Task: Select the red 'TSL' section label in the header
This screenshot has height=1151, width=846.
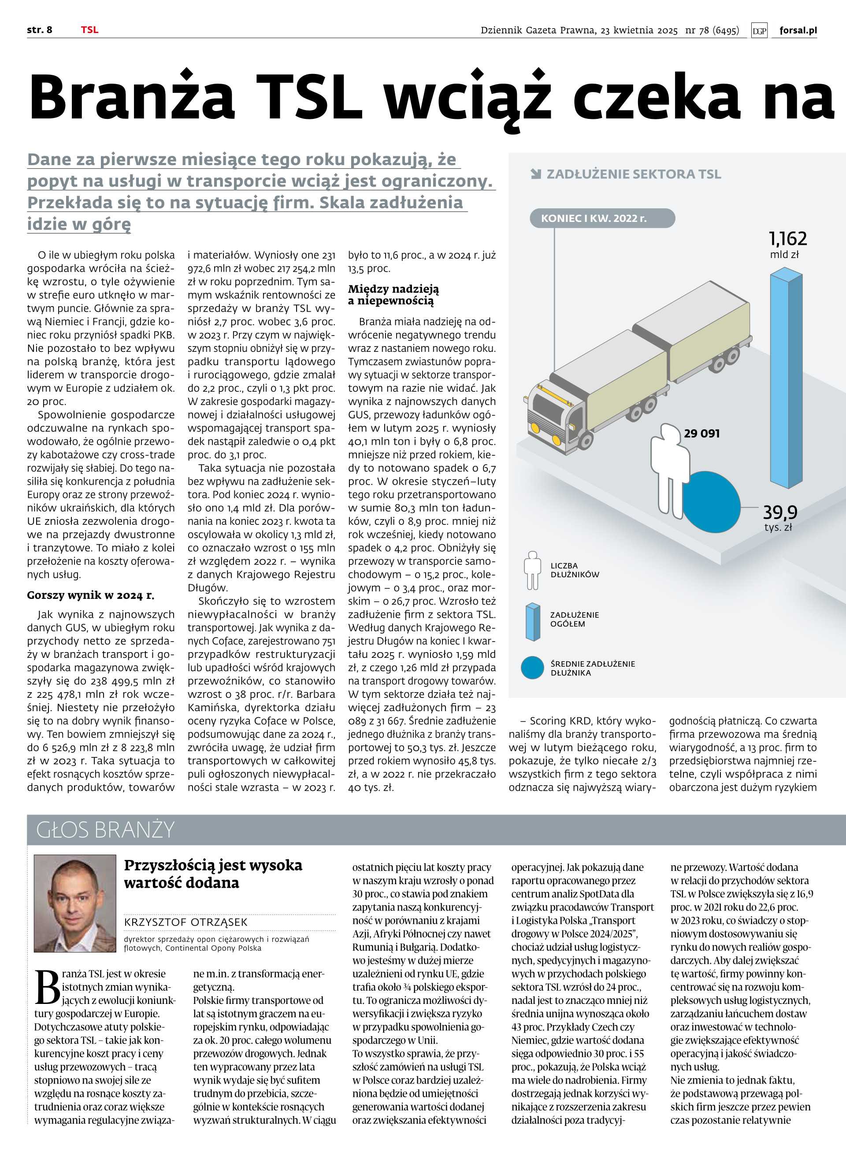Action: point(89,30)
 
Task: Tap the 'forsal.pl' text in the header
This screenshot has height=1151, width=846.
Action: point(798,30)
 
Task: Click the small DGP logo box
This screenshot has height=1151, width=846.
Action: point(760,31)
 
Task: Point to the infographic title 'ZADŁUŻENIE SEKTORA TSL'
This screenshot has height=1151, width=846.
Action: point(634,174)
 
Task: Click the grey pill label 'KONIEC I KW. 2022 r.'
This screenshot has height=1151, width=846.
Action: point(594,218)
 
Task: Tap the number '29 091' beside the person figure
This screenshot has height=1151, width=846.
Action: point(701,433)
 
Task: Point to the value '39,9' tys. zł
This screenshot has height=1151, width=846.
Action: point(780,512)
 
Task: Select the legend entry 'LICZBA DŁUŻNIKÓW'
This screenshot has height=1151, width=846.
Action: point(575,570)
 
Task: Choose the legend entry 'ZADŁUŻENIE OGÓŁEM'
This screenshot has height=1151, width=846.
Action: point(575,619)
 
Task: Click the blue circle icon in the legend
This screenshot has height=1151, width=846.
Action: point(532,668)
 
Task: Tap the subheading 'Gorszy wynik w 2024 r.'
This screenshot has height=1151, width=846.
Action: point(91,595)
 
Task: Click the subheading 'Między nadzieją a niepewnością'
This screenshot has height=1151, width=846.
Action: point(393,295)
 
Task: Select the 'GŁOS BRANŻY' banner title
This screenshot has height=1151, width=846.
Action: point(105,830)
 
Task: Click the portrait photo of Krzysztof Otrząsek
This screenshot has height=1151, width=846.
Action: point(75,903)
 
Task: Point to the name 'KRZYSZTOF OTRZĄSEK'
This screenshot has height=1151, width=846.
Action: point(186,922)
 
